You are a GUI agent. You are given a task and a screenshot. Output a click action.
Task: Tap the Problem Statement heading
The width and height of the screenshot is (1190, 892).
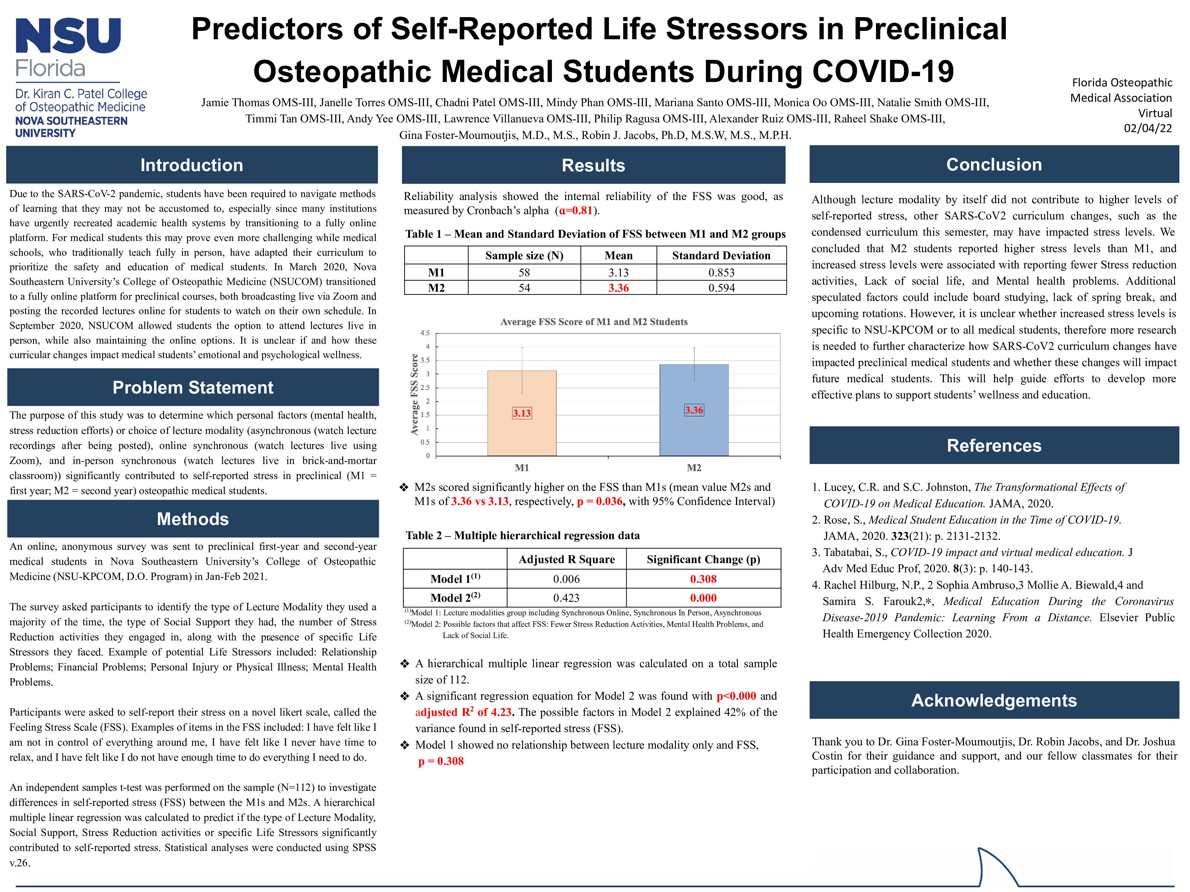pos(193,387)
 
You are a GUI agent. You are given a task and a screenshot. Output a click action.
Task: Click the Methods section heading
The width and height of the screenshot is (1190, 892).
pos(193,519)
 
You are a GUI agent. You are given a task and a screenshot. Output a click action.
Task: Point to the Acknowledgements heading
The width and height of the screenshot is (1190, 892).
pos(994,700)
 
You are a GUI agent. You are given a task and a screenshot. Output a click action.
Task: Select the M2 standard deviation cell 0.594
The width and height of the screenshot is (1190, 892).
pos(721,288)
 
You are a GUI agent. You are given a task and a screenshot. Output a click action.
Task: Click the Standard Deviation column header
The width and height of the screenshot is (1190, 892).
pos(721,255)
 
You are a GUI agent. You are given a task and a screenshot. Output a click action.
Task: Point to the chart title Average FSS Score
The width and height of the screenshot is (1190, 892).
pos(594,322)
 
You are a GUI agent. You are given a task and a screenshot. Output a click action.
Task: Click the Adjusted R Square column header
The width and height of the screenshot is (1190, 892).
pos(566,559)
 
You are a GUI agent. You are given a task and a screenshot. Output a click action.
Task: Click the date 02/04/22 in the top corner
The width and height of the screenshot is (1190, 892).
pos(1147,128)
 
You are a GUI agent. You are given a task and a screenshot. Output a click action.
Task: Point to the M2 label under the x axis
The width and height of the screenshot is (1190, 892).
pos(694,468)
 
